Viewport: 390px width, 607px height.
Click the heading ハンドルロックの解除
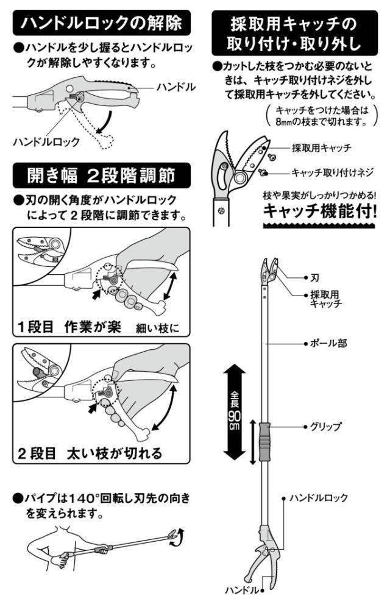[x=101, y=23]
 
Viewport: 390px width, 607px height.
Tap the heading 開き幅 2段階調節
[x=101, y=176]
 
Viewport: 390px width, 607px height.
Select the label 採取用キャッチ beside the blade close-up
[x=322, y=148]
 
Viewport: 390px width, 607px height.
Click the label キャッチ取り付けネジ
[x=332, y=172]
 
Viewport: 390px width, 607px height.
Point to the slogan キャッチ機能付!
[x=319, y=211]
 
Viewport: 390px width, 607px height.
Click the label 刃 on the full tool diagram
[x=314, y=278]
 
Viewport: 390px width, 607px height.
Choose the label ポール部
[x=328, y=343]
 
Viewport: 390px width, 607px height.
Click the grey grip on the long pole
[x=264, y=442]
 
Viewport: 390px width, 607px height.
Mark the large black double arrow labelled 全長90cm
[x=235, y=413]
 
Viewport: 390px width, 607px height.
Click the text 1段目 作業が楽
[x=69, y=327]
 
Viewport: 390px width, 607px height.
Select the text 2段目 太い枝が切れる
[x=90, y=453]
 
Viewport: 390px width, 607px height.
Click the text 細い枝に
[x=158, y=328]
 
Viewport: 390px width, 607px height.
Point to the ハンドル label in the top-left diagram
[x=176, y=87]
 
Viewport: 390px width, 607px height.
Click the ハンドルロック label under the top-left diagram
[x=46, y=141]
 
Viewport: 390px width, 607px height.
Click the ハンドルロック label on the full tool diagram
[x=319, y=498]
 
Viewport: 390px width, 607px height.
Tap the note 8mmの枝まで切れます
[x=321, y=121]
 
